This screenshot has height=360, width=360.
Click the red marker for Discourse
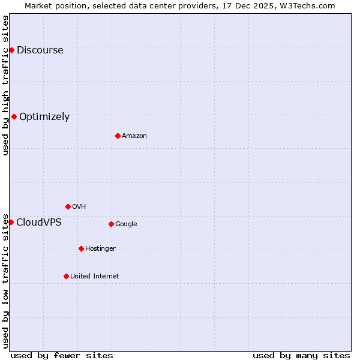coord(11,50)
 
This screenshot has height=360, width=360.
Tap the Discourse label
coord(40,50)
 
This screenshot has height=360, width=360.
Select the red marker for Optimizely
coord(14,116)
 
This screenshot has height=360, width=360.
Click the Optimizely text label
coord(44,117)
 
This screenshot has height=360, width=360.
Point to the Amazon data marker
coord(118,136)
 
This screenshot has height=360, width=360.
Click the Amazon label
coord(134,136)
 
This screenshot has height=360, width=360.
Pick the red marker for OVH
coord(68,206)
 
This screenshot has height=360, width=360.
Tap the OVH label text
coord(79,207)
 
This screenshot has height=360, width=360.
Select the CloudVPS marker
coord(11,222)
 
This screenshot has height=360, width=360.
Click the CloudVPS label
coord(38,223)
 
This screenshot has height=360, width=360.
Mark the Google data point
coord(111,224)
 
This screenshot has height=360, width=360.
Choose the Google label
coord(126,224)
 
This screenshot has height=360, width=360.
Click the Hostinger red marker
coord(81,248)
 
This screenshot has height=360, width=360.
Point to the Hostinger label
coord(100,249)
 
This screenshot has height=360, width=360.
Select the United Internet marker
coord(66,276)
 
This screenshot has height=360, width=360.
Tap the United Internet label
coord(95,277)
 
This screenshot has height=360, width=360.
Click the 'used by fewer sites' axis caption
coord(62,355)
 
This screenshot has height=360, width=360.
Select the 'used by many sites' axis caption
coord(301,355)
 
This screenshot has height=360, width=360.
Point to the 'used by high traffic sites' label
coord(5,85)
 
